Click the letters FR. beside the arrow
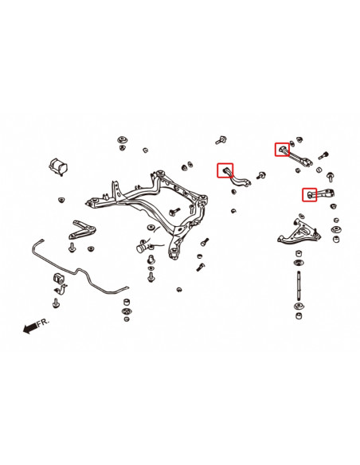pyautogui.click(x=43, y=322)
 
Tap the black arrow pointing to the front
pyautogui.click(x=30, y=328)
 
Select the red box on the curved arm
pyautogui.click(x=225, y=170)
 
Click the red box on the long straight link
pyautogui.click(x=282, y=150)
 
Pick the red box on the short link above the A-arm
pyautogui.click(x=310, y=194)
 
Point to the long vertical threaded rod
pyautogui.click(x=299, y=287)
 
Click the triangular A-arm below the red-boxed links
pyautogui.click(x=299, y=232)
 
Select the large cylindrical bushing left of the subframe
pyautogui.click(x=58, y=167)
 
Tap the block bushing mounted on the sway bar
pyautogui.click(x=59, y=278)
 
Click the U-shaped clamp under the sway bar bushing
pyautogui.click(x=61, y=290)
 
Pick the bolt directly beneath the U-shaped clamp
pyautogui.click(x=56, y=303)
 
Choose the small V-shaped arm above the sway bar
pyautogui.click(x=82, y=230)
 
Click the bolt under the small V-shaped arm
pyautogui.click(x=72, y=248)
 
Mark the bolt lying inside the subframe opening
pyautogui.click(x=174, y=211)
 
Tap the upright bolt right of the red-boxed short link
pyautogui.click(x=330, y=177)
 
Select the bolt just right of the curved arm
pyautogui.click(x=260, y=175)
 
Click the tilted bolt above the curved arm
pyautogui.click(x=221, y=139)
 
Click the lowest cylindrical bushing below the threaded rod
pyautogui.click(x=299, y=315)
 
